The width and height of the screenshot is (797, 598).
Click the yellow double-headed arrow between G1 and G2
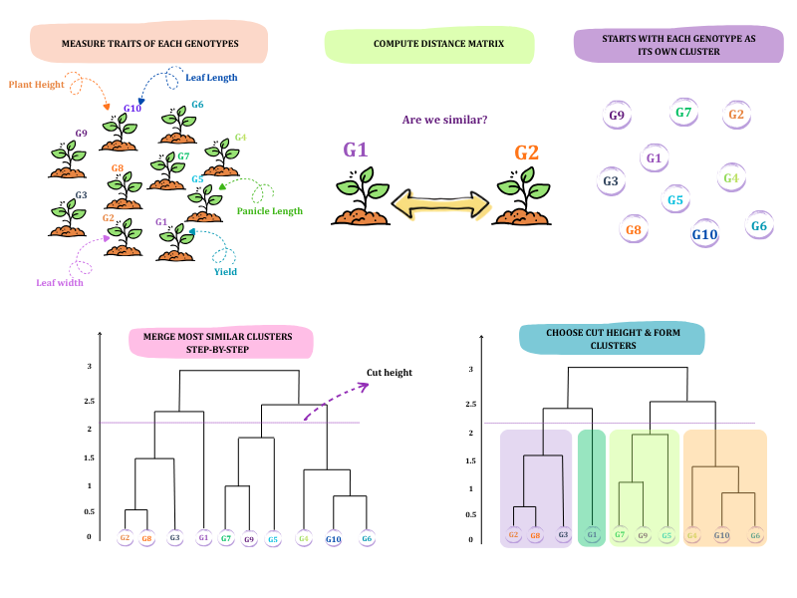click(x=440, y=204)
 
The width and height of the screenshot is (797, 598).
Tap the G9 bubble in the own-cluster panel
click(x=617, y=116)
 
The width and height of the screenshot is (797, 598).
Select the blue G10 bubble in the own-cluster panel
click(x=704, y=234)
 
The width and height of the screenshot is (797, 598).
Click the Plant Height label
click(x=37, y=85)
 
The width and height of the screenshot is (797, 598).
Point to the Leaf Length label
click(x=211, y=78)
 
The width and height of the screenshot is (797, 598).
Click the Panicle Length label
click(x=269, y=211)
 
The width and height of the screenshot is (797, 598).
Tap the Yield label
click(x=225, y=271)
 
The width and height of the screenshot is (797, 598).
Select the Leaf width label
click(x=60, y=283)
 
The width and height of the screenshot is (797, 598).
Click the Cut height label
click(x=390, y=373)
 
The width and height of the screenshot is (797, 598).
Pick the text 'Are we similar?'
click(x=444, y=120)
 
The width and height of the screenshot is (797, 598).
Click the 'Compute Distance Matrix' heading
click(x=438, y=44)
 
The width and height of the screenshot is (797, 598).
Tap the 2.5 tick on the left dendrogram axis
click(x=89, y=402)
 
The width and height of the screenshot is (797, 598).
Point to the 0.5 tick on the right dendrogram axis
click(x=470, y=514)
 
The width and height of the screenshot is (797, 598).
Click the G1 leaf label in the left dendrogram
click(x=203, y=537)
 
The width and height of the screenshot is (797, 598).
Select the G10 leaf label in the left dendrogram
click(x=334, y=539)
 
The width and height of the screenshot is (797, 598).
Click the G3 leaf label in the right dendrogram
click(x=563, y=535)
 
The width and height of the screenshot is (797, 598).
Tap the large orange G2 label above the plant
click(x=526, y=152)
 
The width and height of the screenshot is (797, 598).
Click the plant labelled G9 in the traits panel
click(x=68, y=159)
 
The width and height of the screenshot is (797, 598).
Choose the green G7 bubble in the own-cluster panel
click(x=683, y=113)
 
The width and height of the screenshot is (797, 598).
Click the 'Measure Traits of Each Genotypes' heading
click(x=150, y=44)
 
